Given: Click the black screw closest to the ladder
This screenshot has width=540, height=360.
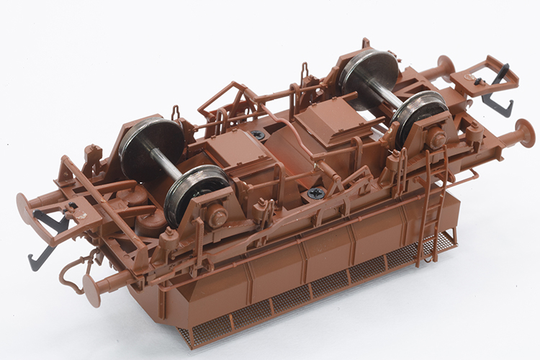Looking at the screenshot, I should (x=315, y=193).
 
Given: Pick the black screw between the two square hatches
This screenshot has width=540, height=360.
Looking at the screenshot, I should (x=258, y=135).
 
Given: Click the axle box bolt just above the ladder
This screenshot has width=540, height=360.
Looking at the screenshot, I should (x=436, y=139).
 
